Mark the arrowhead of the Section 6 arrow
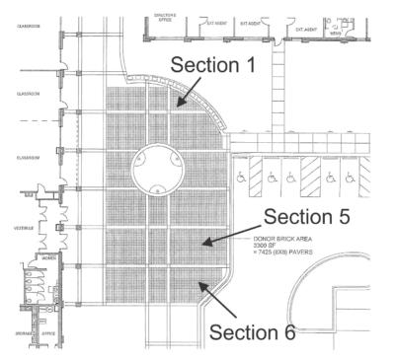coord(199,283)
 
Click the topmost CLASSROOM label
coord(22,25)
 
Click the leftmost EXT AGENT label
coord(215,17)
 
